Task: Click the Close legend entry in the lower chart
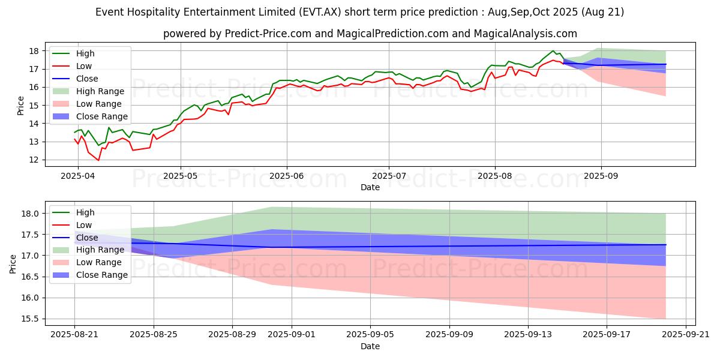click(88, 237)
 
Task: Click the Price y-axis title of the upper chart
click(21, 106)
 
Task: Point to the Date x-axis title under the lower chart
click(370, 347)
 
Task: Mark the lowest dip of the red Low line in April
click(98, 160)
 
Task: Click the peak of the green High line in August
click(553, 51)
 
